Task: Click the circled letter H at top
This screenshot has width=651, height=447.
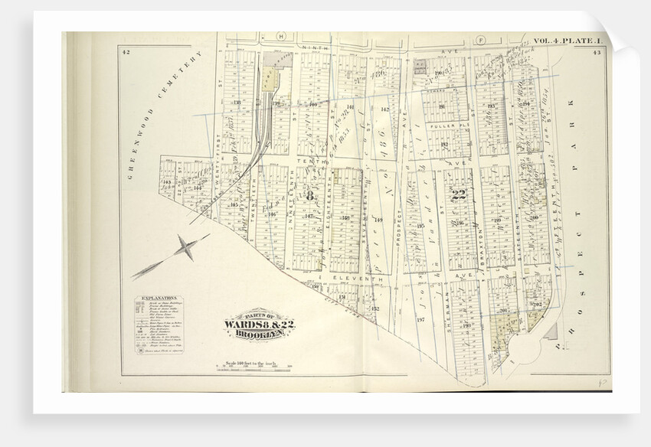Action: pos(280,36)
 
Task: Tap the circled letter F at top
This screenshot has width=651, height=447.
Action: pos(481,36)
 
